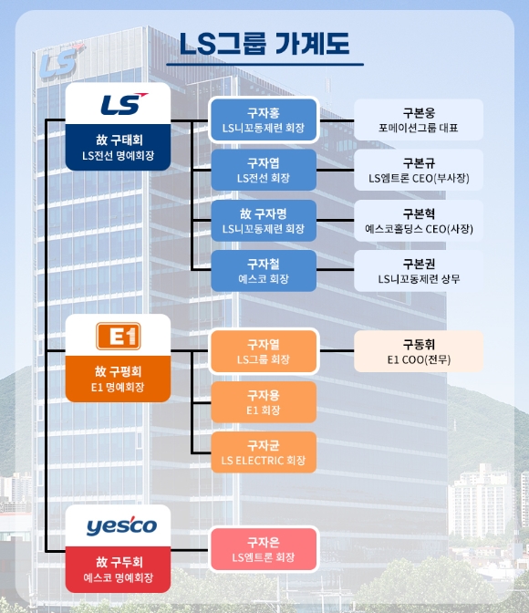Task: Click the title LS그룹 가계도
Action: (x=264, y=44)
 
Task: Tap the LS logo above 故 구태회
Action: (x=124, y=104)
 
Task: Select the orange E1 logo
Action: (x=118, y=336)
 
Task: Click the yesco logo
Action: (x=121, y=525)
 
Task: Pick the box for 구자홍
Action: (x=264, y=119)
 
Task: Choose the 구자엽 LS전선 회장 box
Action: (x=264, y=170)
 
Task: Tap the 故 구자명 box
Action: (x=264, y=221)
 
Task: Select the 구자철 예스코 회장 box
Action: (x=264, y=271)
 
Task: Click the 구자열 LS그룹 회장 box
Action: (x=264, y=351)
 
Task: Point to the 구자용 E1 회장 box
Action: (x=264, y=402)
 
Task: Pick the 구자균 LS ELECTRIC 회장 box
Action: (x=264, y=452)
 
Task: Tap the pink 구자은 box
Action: (x=264, y=549)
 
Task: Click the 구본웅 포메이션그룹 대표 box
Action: (x=419, y=119)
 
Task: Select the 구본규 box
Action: (x=419, y=170)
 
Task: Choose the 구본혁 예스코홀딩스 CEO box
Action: (x=419, y=221)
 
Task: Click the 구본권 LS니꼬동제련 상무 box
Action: (x=419, y=271)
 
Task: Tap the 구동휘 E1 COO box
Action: (x=419, y=351)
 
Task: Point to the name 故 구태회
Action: (x=119, y=140)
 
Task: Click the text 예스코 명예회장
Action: (x=118, y=577)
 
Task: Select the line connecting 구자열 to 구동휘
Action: (x=337, y=351)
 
